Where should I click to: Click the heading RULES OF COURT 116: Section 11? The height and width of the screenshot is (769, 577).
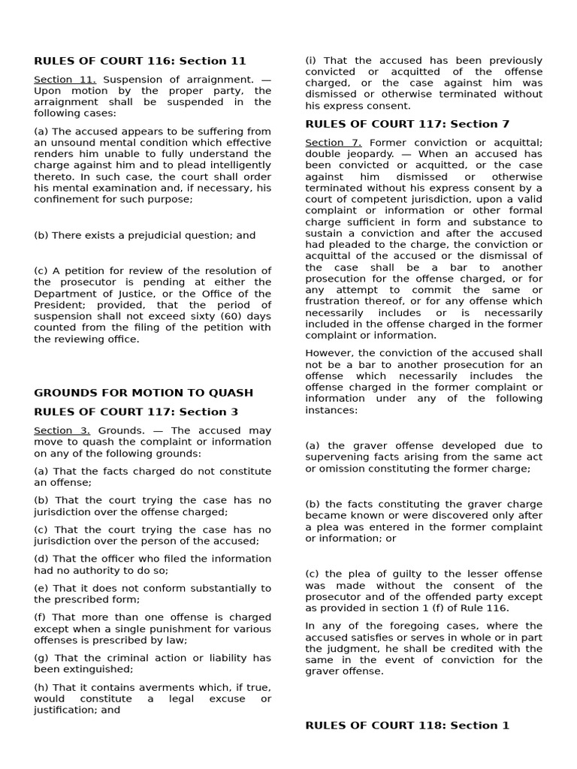(x=140, y=61)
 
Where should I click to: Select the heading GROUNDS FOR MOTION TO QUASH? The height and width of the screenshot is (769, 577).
(x=143, y=393)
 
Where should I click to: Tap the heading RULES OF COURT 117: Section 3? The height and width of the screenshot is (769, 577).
(x=136, y=412)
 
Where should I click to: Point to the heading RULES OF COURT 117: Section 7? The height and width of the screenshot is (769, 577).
(x=407, y=124)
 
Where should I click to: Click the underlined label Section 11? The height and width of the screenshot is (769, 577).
(x=65, y=79)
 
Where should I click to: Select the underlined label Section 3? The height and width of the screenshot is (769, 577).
(x=62, y=430)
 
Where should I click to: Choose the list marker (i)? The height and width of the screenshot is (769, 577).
(x=311, y=60)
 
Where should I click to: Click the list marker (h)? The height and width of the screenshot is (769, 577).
(x=41, y=687)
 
